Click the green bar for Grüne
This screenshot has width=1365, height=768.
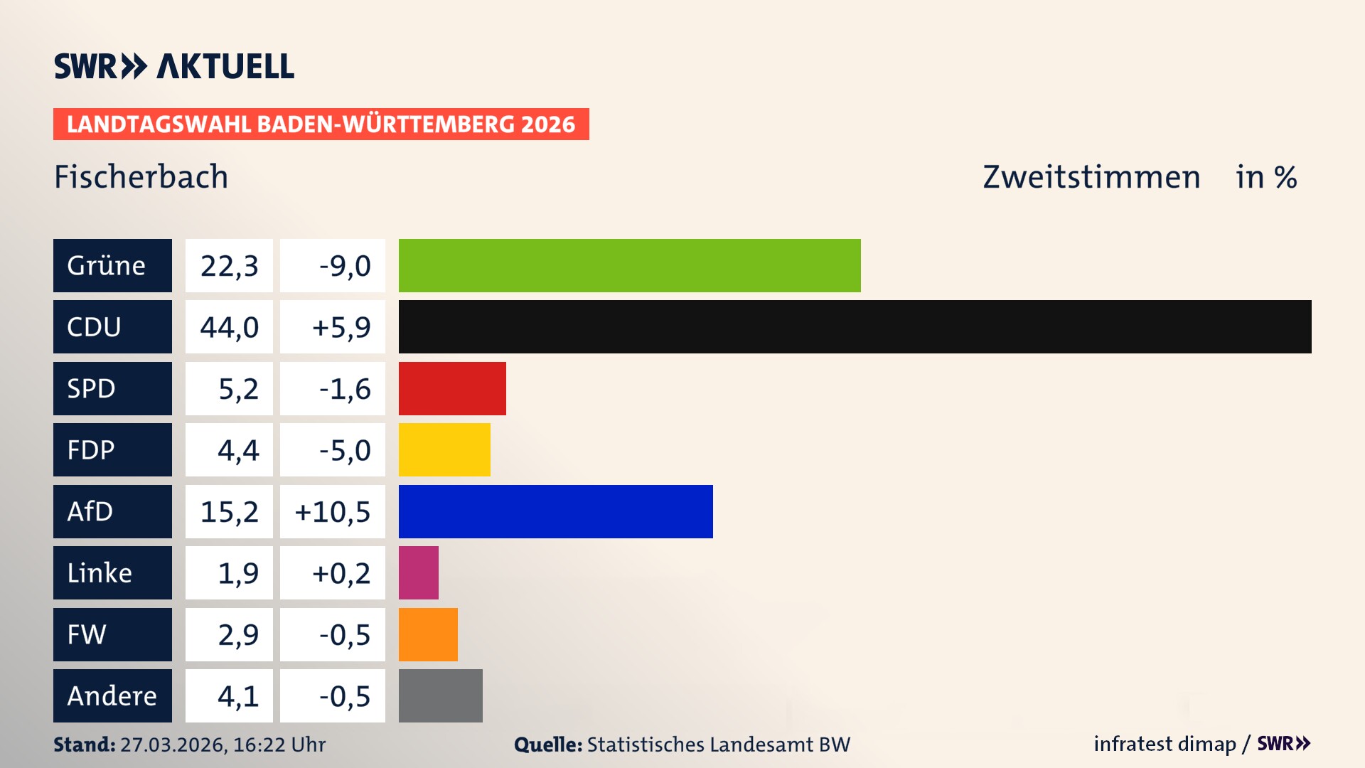[629, 265]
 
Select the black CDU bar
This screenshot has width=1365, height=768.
[855, 326]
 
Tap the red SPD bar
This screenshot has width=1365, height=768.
[452, 388]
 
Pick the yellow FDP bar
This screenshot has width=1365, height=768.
[444, 449]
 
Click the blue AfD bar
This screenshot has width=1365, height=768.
[555, 511]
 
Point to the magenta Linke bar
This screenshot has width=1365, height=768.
[418, 572]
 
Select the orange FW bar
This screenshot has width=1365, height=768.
[428, 634]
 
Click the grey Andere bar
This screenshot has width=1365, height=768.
[440, 695]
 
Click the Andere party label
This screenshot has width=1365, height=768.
[112, 695]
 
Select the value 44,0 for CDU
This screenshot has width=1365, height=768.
[229, 327]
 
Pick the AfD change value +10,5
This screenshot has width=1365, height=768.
[333, 511]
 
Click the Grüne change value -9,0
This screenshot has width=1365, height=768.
[344, 265]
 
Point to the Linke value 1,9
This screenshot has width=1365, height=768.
[237, 572]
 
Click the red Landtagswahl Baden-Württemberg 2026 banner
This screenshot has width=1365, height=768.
[321, 124]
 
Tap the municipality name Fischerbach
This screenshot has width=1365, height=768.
[141, 176]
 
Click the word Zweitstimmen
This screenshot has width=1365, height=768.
[1091, 176]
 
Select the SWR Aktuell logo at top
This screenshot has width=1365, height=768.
[174, 66]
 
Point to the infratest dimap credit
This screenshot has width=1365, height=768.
[1165, 744]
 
